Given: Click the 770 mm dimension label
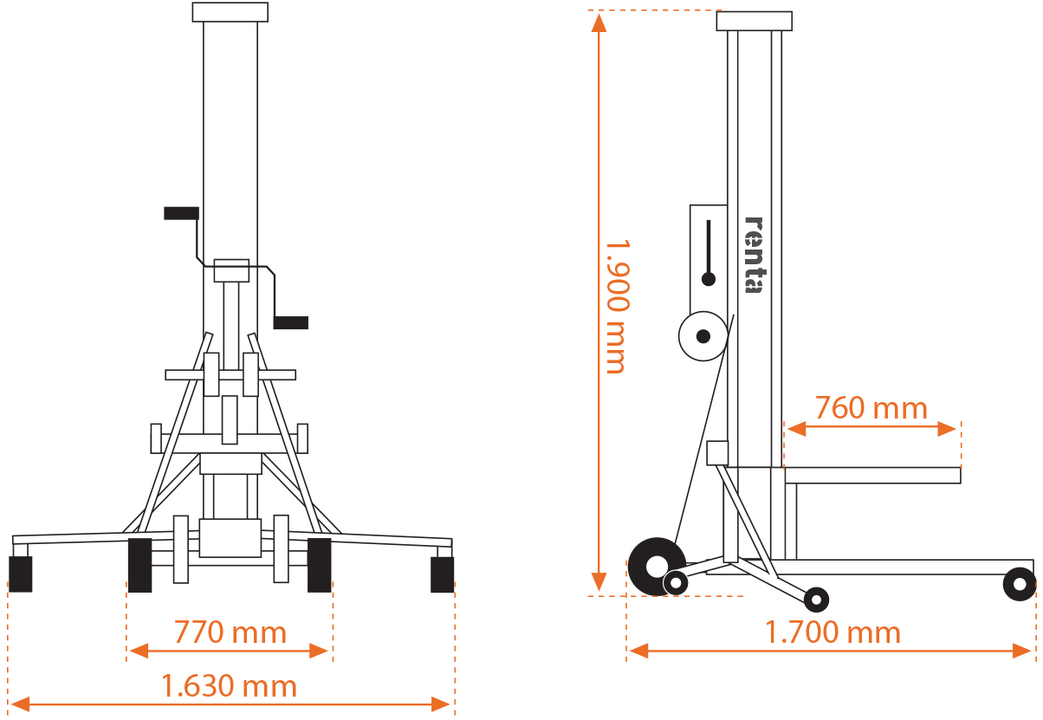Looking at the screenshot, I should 230,632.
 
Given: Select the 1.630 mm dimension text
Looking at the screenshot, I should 230,687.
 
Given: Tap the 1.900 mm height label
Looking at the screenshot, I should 615,307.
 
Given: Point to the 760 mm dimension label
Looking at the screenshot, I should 871,407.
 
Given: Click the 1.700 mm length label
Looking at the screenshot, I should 832,632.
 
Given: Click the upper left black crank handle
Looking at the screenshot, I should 181,213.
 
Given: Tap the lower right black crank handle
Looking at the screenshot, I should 290,322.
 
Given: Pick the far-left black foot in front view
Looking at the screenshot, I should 20,574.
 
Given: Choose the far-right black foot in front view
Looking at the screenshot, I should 442,574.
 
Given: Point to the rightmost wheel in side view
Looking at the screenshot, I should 1019,584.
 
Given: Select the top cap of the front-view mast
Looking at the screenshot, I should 230,12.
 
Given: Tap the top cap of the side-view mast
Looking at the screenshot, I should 754,21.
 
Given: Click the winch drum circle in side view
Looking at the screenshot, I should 703,335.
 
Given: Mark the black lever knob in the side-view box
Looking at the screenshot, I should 709,279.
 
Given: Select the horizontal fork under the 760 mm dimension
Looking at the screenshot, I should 872,475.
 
